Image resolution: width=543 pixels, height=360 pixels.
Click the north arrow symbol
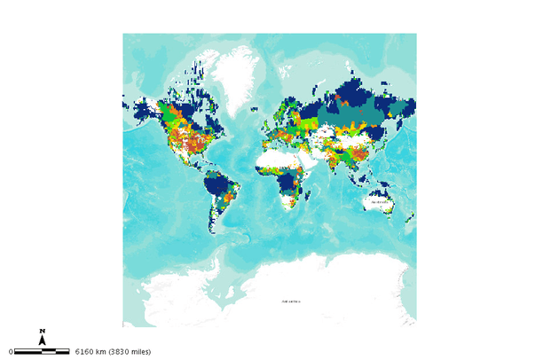click(x=43, y=340)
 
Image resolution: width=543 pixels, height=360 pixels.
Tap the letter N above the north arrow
click(x=43, y=331)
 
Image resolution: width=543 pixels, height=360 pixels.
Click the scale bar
click(x=43, y=352)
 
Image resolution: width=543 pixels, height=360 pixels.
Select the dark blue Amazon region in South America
click(x=217, y=187)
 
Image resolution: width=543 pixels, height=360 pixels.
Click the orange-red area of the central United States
click(x=187, y=142)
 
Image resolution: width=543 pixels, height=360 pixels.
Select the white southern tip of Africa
click(x=287, y=207)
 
